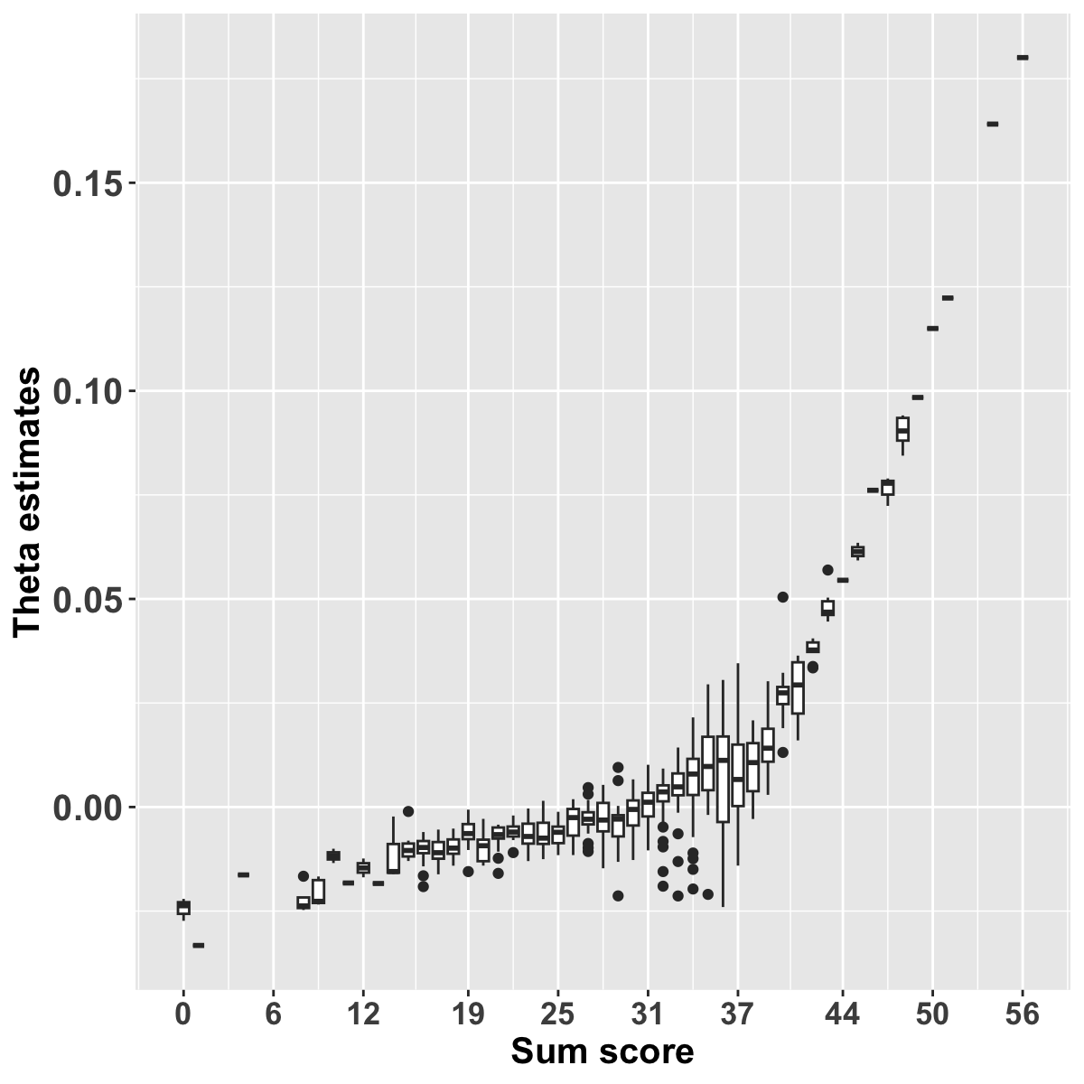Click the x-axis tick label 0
point(183,1014)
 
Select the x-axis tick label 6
point(273,1014)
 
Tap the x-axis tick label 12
point(363,1014)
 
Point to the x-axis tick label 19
point(468,1014)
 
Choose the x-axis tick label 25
point(557,1014)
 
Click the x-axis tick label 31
point(648,1014)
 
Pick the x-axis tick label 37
point(737,1014)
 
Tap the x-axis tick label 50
point(932,1014)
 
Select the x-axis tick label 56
point(1023,1014)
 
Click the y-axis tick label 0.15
point(88,183)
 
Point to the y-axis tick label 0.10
point(88,391)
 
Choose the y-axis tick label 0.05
point(88,599)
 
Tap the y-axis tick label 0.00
point(88,807)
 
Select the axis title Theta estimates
point(29,501)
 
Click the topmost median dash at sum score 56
point(1023,57)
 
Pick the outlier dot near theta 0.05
point(782,597)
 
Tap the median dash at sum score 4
point(243,874)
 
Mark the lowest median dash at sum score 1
point(198,945)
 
